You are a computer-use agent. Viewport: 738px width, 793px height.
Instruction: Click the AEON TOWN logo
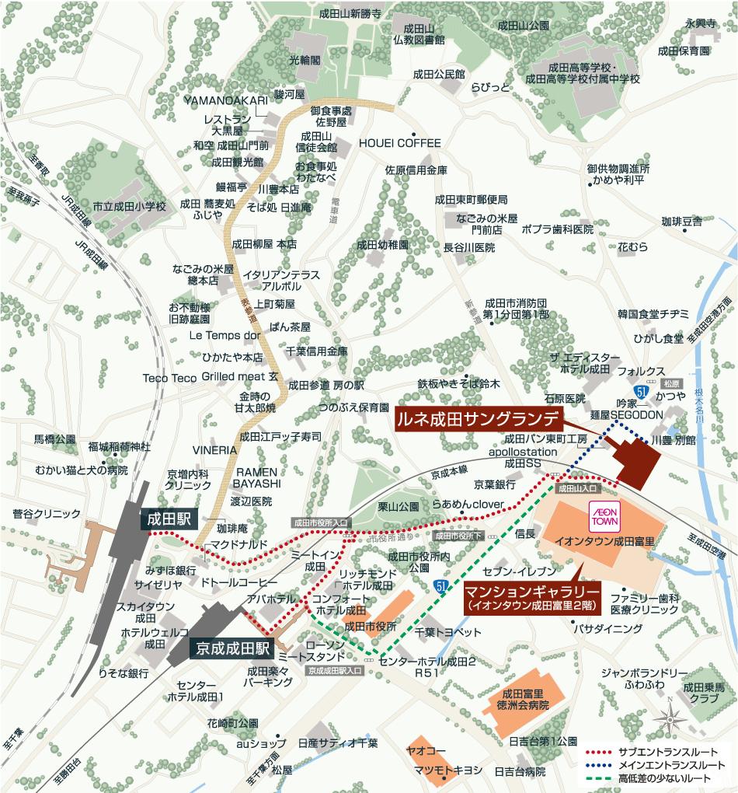coord(604,518)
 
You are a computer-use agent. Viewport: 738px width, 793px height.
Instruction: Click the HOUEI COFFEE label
coord(399,143)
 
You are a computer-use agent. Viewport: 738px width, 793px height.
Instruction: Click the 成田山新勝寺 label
coord(350,14)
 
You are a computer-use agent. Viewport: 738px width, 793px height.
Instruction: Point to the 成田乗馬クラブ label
coord(705,693)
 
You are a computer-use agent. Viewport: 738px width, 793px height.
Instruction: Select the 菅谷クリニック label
coord(46,513)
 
